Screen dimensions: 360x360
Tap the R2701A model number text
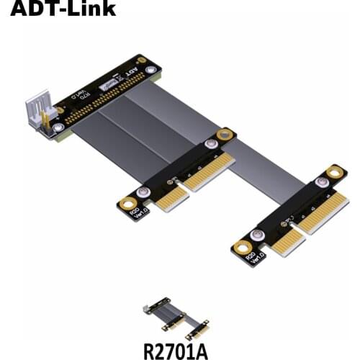(176, 351)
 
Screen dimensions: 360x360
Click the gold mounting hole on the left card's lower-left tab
(127, 204)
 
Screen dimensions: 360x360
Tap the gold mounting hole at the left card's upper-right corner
(226, 135)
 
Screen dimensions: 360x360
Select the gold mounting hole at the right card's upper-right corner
(336, 171)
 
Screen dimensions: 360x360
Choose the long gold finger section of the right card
(321, 211)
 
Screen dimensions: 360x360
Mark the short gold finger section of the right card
(287, 241)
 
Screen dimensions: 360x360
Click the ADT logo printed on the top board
(130, 74)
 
